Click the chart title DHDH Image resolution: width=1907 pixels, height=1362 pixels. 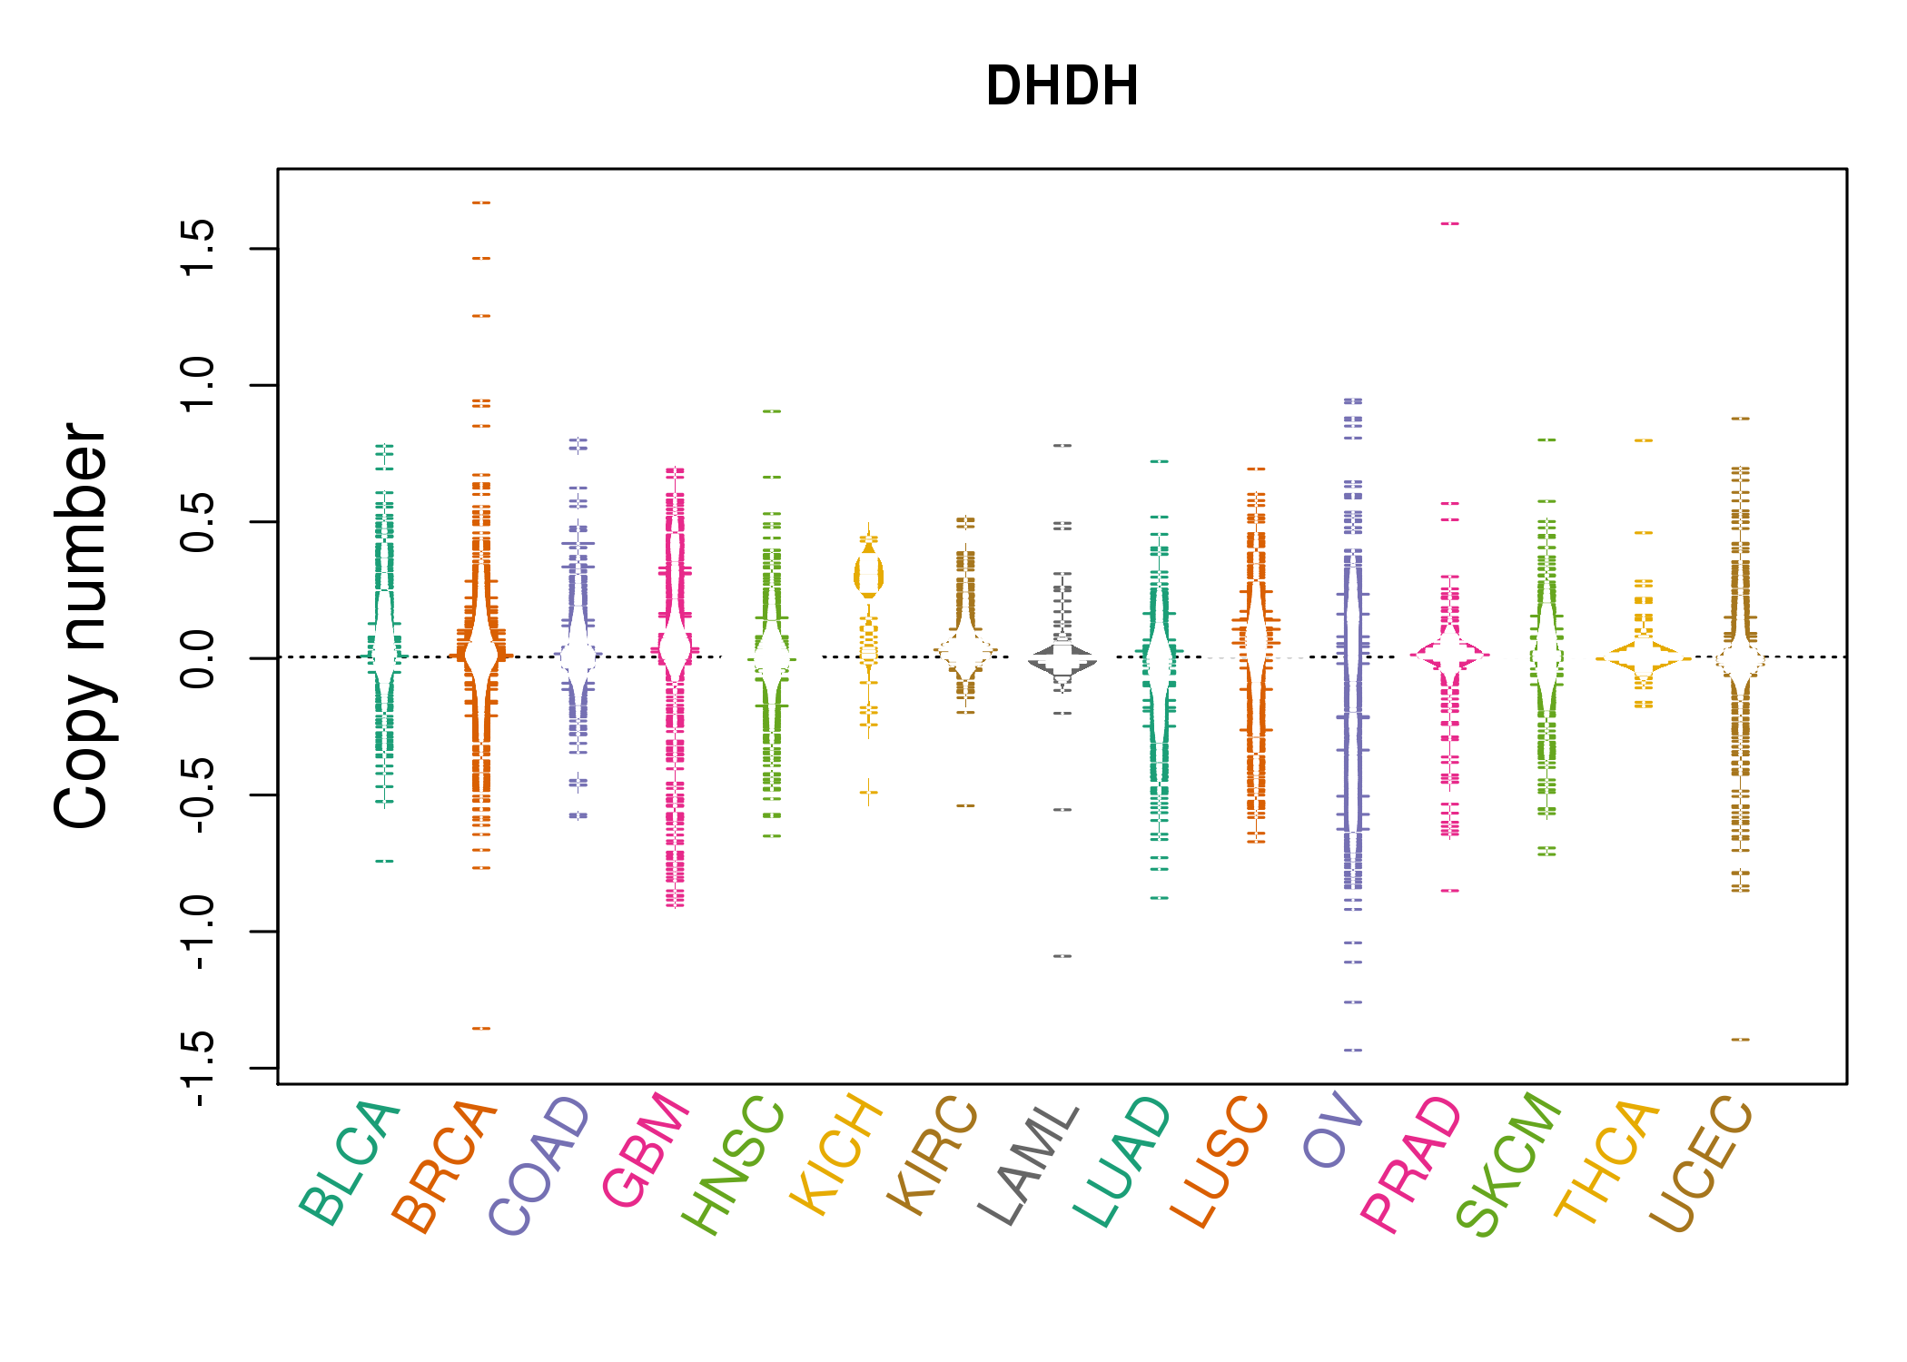point(1062,86)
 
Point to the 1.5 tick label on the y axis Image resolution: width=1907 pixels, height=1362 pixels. point(198,248)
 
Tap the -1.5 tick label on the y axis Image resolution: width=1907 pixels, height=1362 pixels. point(198,1069)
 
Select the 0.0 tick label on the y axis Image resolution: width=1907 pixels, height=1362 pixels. point(198,658)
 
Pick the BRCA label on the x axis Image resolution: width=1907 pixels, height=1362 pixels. point(445,1166)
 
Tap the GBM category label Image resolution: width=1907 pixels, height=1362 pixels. point(647,1150)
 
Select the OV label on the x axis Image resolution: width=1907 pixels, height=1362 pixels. point(1334,1131)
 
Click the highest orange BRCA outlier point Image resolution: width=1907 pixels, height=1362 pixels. point(481,202)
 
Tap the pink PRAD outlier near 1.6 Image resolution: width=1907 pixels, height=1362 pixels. point(1450,223)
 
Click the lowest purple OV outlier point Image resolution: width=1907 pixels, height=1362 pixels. point(1353,1050)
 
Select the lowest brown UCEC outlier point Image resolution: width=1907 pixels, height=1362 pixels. point(1740,1040)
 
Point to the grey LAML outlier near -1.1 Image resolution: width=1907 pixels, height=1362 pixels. point(1062,956)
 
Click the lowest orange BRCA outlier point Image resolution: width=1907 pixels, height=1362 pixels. point(481,1029)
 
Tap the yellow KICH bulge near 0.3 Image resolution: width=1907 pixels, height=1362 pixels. point(869,575)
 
